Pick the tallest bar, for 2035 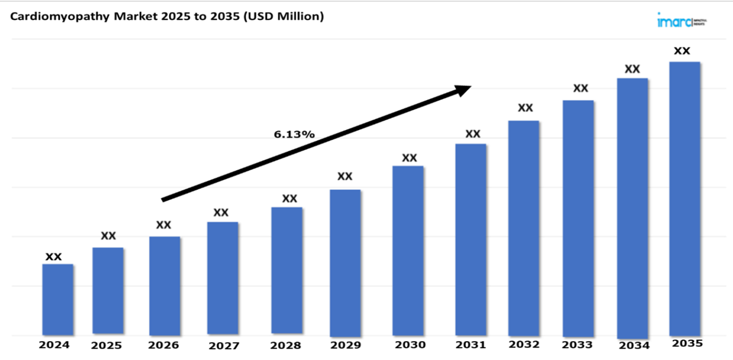point(684,199)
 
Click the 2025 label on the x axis point(106,345)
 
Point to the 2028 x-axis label point(286,345)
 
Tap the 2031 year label point(470,345)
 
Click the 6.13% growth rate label point(294,134)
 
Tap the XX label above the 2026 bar point(163,225)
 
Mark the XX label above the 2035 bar point(682,50)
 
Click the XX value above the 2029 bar point(345,176)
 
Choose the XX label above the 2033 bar point(580,88)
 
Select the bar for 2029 point(345,262)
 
